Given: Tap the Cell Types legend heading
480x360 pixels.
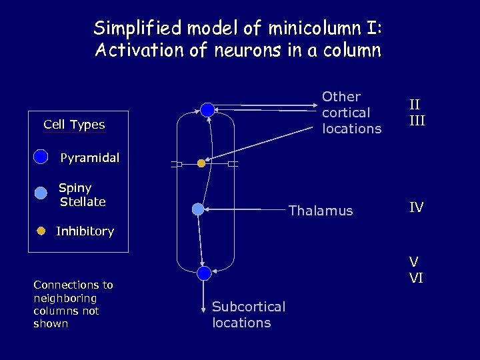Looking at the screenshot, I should [x=74, y=125].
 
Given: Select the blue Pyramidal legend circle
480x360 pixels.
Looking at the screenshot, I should [x=41, y=157].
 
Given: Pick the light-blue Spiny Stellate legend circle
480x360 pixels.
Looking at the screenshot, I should [x=41, y=193].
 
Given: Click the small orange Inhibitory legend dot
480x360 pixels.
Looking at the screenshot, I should [x=41, y=231].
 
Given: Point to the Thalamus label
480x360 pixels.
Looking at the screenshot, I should [x=320, y=211].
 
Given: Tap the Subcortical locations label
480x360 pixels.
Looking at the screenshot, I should [x=248, y=314].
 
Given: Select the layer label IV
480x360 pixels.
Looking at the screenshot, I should [x=416, y=208].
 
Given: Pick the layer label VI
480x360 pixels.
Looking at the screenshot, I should [x=416, y=279].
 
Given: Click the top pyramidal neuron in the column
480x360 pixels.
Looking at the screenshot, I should [x=207, y=110].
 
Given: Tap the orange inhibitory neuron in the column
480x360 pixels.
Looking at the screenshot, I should [x=201, y=163].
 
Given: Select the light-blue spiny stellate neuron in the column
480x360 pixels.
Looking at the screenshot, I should [x=198, y=209].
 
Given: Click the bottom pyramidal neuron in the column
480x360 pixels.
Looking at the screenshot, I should [x=204, y=272].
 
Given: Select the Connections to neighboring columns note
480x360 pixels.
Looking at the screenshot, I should [x=73, y=304].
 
